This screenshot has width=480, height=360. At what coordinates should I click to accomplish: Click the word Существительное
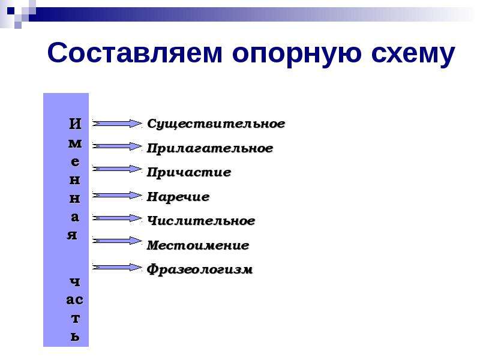tap(216, 124)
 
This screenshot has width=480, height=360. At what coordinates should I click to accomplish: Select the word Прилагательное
tap(210, 148)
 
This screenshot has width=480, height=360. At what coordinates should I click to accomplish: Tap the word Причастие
tap(189, 172)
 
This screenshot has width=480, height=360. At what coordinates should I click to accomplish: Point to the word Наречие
tap(178, 197)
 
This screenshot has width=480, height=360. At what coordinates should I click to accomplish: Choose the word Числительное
tap(201, 221)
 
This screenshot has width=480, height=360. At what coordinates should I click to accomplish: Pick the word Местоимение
tap(198, 245)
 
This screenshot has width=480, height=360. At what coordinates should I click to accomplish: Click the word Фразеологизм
tap(200, 269)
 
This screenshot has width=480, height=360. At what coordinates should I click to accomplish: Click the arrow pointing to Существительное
tap(117, 124)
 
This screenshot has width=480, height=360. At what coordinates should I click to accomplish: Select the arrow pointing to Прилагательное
tap(117, 146)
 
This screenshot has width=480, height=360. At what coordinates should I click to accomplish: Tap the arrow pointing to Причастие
tap(117, 169)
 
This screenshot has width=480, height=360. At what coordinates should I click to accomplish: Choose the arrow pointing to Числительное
tap(117, 218)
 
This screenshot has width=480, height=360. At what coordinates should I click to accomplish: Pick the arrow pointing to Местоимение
tap(117, 241)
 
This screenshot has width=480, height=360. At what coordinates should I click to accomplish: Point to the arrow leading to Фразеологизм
tap(117, 267)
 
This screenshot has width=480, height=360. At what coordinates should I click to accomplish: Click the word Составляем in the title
tap(134, 53)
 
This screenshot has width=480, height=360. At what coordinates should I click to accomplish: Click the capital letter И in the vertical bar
tap(76, 124)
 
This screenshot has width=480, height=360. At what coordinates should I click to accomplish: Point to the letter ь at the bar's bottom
tap(76, 337)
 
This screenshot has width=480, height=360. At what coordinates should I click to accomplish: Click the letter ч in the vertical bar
tap(75, 281)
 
